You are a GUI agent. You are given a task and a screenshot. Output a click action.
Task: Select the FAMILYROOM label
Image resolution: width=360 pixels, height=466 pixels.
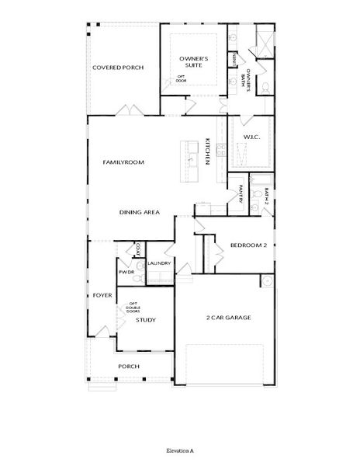pyautogui.click(x=124, y=162)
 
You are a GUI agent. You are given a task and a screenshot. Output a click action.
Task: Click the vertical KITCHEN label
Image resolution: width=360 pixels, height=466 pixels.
pyautogui.click(x=208, y=151)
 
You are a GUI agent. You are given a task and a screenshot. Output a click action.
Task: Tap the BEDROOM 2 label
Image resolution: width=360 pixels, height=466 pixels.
pyautogui.click(x=248, y=245)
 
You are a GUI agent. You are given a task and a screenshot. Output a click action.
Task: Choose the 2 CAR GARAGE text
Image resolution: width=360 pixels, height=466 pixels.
pyautogui.click(x=228, y=317)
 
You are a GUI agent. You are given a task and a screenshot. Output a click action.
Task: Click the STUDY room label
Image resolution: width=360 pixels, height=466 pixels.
pyautogui.click(x=146, y=319)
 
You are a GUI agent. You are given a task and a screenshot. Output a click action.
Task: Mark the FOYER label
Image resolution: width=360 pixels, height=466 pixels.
pyautogui.click(x=102, y=296)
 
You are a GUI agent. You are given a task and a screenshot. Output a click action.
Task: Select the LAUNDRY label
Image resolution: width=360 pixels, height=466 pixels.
pyautogui.click(x=159, y=263)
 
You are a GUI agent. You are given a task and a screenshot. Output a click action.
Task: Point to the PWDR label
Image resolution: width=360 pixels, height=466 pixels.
pyautogui.click(x=126, y=273)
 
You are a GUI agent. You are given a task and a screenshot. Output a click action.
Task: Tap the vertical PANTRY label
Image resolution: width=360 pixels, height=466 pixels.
pyautogui.click(x=241, y=195)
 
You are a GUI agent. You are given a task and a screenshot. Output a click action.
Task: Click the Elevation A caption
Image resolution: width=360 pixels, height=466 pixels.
pyautogui.click(x=179, y=450)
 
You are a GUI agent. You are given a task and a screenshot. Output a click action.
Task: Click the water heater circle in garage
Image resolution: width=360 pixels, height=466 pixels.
pyautogui.click(x=267, y=280)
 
